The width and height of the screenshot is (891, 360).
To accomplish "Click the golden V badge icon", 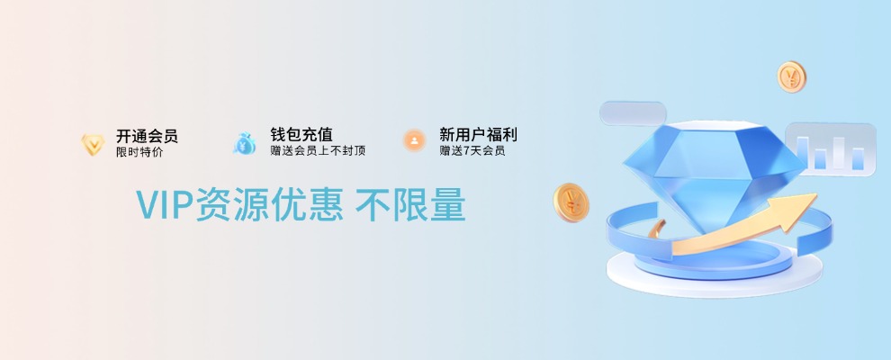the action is [x=93, y=144].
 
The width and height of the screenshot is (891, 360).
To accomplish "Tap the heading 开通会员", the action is [x=147, y=136].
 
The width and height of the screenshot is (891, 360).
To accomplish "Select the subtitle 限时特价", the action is [x=139, y=152].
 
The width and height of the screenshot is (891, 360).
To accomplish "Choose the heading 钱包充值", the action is [x=301, y=135].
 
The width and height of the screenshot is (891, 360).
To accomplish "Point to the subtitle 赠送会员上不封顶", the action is [x=318, y=150].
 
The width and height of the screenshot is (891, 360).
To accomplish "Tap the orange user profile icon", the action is [x=414, y=140].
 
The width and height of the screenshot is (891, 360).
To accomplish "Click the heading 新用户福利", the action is [x=478, y=135].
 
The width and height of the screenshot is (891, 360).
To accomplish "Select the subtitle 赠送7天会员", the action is [x=472, y=150].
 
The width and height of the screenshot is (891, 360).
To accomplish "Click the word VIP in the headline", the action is [x=165, y=204].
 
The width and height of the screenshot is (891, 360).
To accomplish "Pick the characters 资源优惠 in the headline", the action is [x=269, y=204].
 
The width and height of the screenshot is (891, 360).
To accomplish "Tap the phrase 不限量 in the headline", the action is [x=410, y=204].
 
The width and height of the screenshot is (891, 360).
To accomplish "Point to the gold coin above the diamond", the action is [x=792, y=76].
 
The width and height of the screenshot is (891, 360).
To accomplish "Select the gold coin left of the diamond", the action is [x=571, y=202].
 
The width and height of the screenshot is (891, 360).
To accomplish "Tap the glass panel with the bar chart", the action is [x=830, y=149].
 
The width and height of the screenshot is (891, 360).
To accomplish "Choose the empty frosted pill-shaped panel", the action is [x=633, y=113].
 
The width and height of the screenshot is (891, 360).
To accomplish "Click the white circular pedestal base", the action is [x=715, y=273].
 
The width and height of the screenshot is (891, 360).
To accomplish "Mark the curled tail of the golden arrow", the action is [x=657, y=229].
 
